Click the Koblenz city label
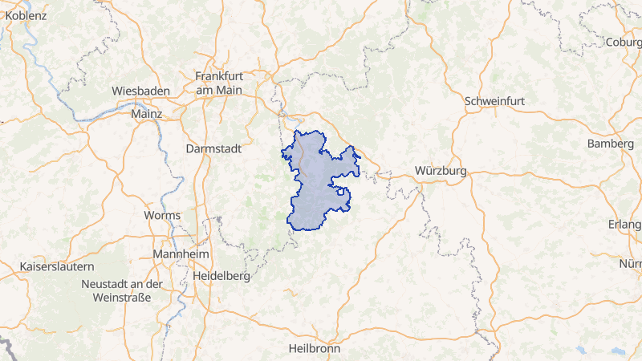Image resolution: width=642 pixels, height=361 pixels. click(x=26, y=15)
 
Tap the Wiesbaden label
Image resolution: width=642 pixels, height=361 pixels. click(x=141, y=91)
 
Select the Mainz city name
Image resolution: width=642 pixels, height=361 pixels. click(x=146, y=114)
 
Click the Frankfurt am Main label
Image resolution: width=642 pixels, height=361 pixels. click(x=218, y=83)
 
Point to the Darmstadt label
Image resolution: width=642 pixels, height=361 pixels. click(x=212, y=148)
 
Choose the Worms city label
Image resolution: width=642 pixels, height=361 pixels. click(x=162, y=215)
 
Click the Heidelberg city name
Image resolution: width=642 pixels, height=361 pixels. click(x=221, y=275)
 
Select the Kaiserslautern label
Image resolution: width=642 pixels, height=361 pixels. click(x=57, y=266)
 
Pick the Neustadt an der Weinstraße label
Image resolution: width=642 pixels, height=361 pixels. click(x=122, y=291)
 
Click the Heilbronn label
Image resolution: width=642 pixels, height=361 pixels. click(x=315, y=349)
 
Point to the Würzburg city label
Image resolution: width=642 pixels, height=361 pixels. click(x=441, y=171)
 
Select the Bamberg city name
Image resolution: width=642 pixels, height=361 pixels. click(x=610, y=144)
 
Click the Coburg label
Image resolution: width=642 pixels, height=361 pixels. click(x=624, y=42)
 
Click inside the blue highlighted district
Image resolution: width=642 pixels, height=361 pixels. click(x=317, y=189)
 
